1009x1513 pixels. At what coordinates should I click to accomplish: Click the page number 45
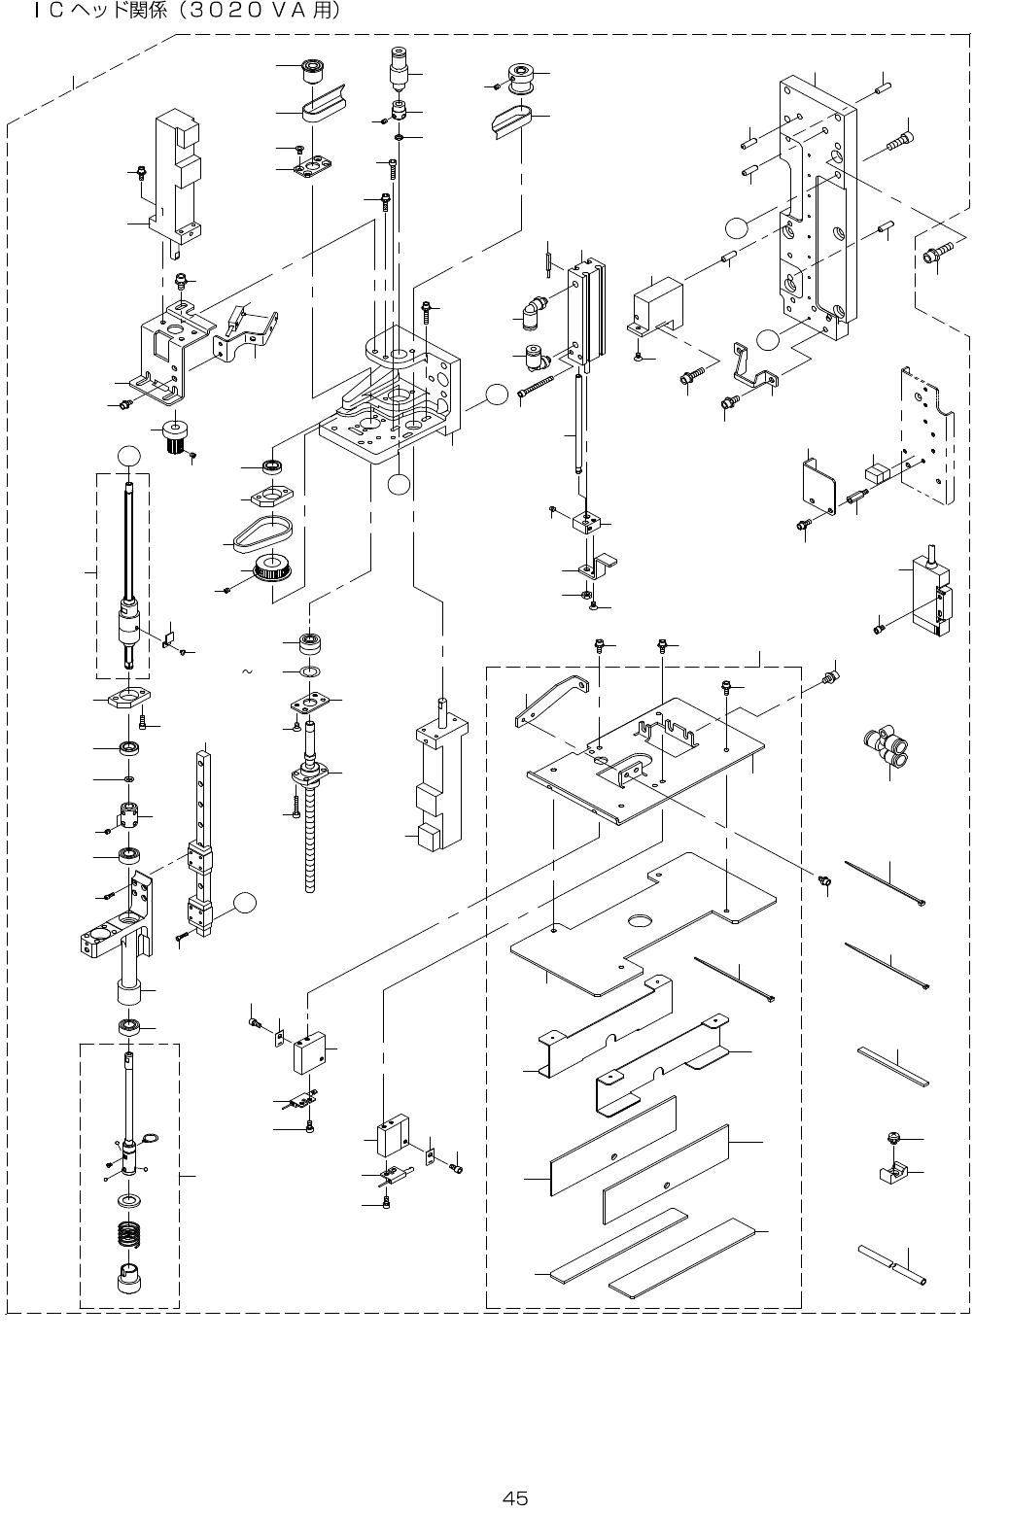point(515,1498)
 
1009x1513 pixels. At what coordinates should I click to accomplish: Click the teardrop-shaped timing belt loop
point(262,531)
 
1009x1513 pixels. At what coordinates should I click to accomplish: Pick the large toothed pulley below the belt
point(272,568)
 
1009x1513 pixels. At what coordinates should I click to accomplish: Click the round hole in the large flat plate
point(641,920)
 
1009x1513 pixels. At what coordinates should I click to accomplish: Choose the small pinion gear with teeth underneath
point(174,436)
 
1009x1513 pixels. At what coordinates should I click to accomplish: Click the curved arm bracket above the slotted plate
point(551,700)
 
